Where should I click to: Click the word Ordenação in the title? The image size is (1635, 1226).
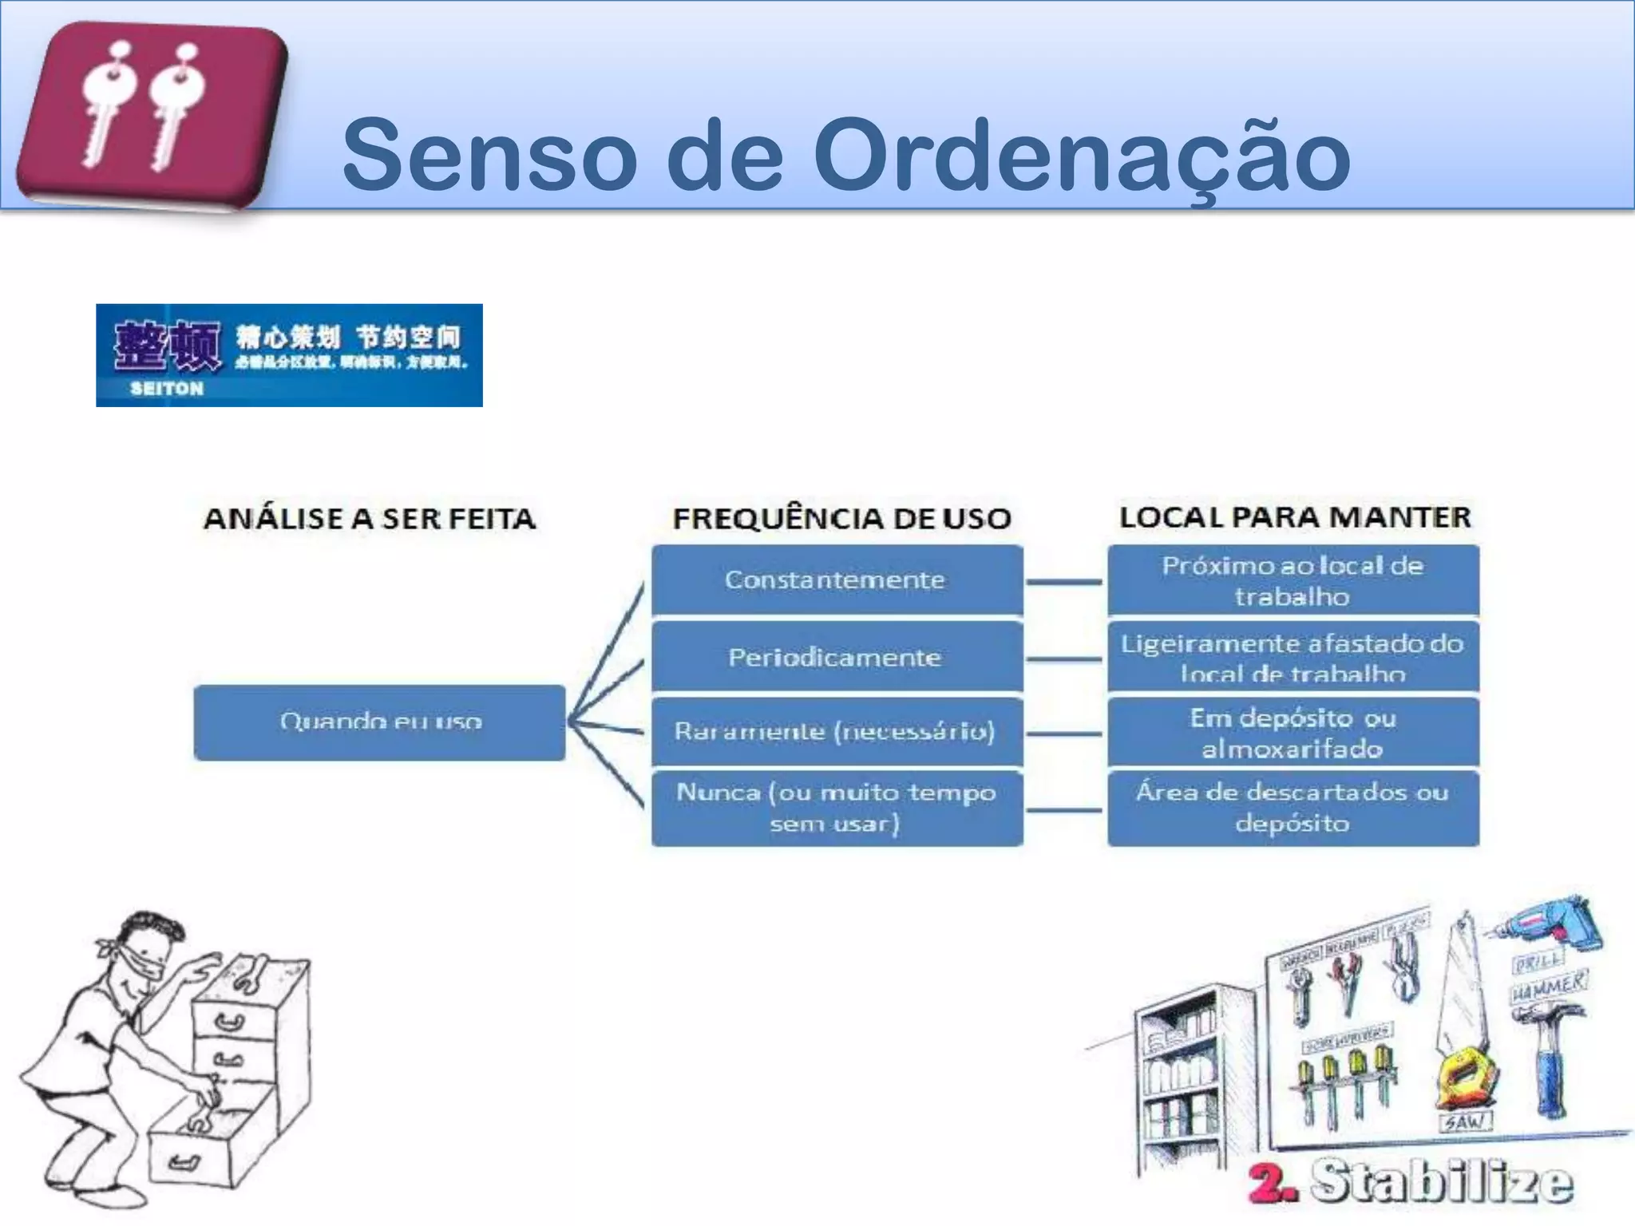[x=1081, y=156]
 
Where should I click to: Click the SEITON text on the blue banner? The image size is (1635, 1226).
[x=167, y=389]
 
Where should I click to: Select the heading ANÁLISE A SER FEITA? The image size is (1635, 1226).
[x=370, y=519]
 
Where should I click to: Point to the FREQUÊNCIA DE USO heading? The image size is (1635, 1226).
[x=841, y=519]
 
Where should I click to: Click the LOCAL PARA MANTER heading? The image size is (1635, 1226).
[x=1294, y=517]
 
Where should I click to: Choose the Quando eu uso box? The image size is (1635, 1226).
[x=380, y=722]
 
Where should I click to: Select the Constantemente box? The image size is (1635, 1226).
[x=836, y=580]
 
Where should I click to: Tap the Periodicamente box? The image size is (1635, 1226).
[x=836, y=658]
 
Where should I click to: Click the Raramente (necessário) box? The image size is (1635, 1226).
[x=836, y=732]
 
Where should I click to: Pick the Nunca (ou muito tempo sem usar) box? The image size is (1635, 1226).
[x=836, y=808]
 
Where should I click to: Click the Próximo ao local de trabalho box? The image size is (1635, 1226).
[x=1293, y=580]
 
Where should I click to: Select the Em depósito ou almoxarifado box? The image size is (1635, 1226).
[x=1293, y=733]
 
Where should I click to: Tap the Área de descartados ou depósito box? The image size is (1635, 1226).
[x=1293, y=808]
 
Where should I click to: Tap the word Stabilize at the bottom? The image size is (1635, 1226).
[x=1441, y=1182]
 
